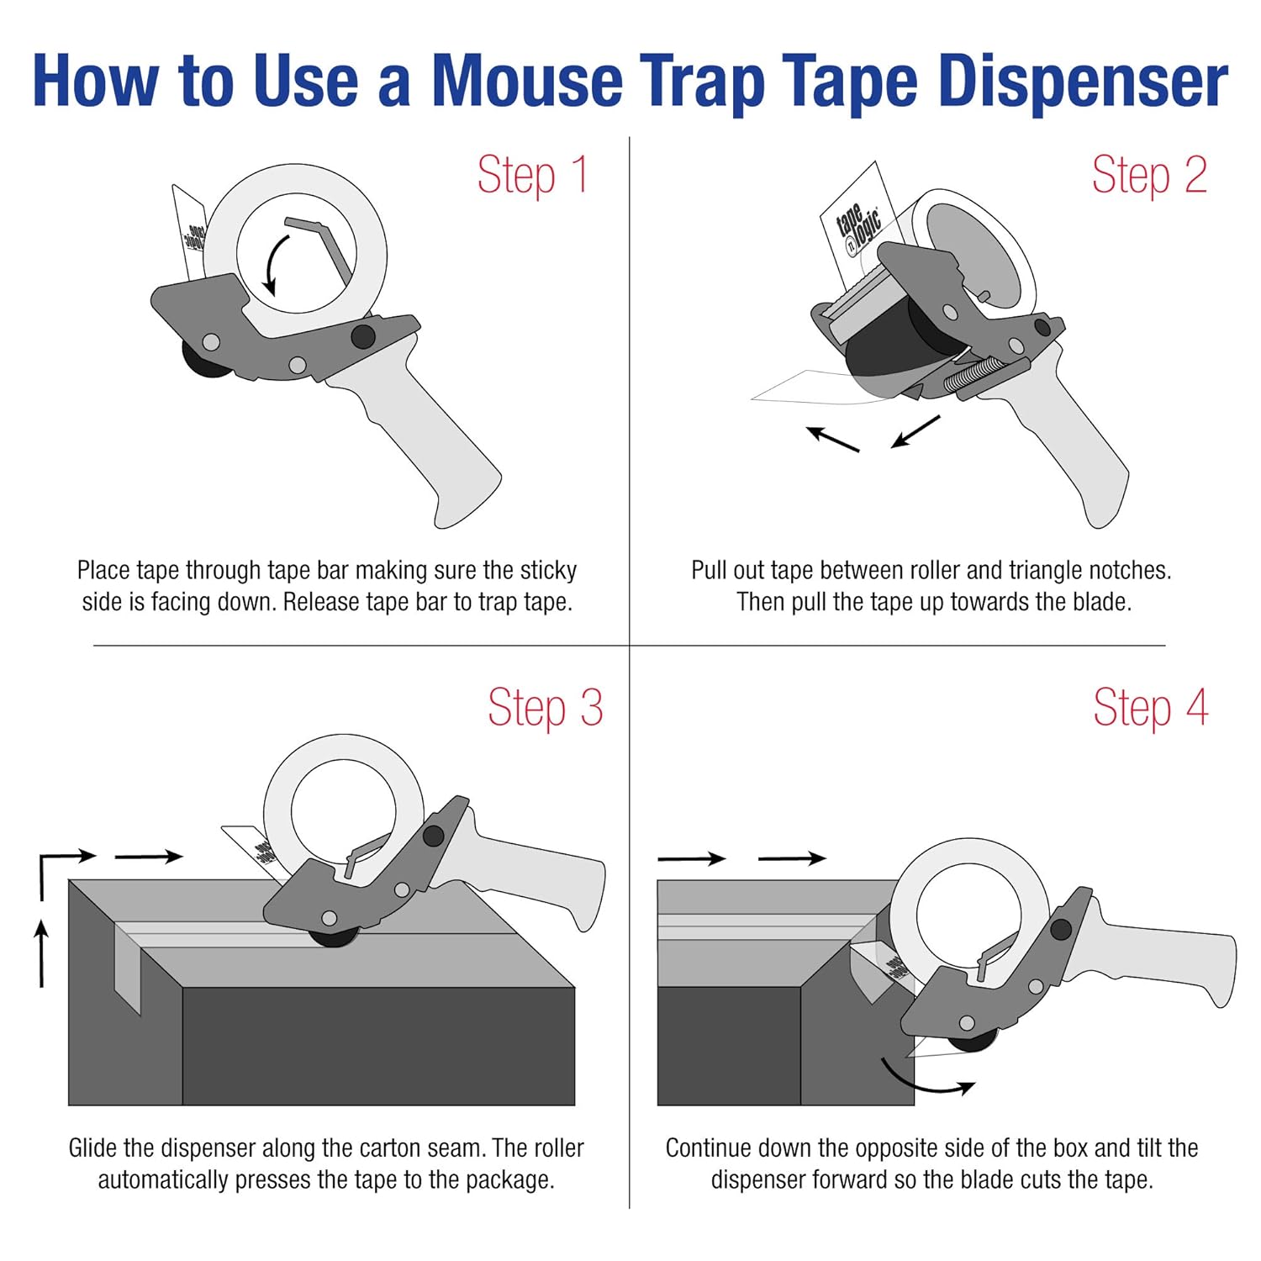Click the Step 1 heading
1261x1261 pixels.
pyautogui.click(x=532, y=175)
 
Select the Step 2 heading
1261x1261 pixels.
pyautogui.click(x=1148, y=175)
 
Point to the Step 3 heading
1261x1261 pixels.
pyautogui.click(x=545, y=708)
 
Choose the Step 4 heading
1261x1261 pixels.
pyautogui.click(x=1150, y=708)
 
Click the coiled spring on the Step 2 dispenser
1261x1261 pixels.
pyautogui.click(x=973, y=373)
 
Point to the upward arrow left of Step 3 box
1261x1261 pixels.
pyautogui.click(x=41, y=952)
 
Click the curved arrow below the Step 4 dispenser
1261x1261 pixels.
pyautogui.click(x=925, y=1081)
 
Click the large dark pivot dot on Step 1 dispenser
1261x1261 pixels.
pyautogui.click(x=363, y=336)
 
